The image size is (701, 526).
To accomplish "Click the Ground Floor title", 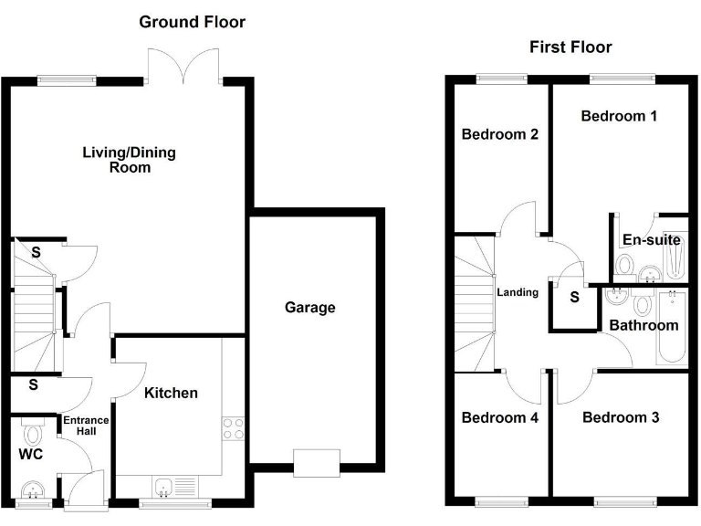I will point(192,22).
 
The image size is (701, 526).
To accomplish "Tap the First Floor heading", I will point(570,47).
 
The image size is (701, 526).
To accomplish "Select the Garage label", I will point(310,308).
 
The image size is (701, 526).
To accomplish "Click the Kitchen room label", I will point(171,393).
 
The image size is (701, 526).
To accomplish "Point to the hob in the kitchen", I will point(234,427).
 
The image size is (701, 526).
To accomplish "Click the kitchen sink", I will point(165,486).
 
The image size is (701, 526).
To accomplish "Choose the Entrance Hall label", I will point(85,426).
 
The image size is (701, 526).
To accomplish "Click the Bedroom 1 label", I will point(619,116).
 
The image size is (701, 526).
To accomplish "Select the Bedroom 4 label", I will point(499,417).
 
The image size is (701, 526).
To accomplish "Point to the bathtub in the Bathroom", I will point(673,329).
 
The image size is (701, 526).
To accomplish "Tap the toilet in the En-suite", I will point(625,265).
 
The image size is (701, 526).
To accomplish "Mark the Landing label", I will point(517,293).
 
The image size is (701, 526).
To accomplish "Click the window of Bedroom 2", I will point(496,79).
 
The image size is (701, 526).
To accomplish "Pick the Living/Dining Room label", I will point(130,160).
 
